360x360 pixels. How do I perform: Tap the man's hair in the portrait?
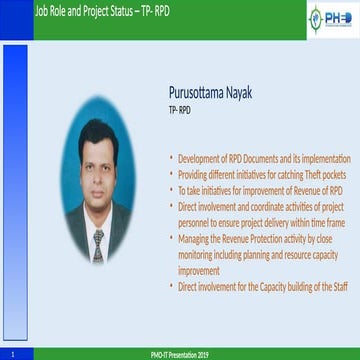(97, 137)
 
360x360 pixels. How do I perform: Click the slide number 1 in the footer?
(10, 354)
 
